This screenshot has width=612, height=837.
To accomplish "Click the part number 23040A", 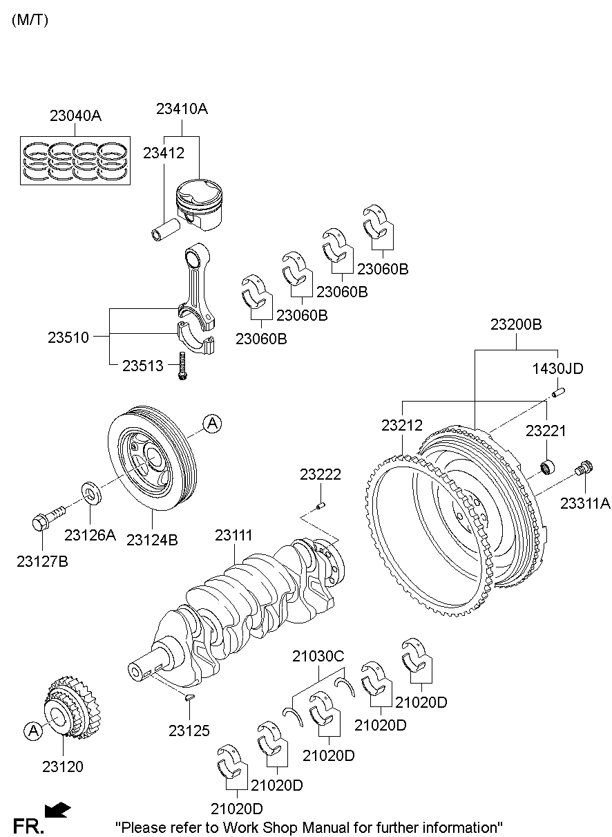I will pyautogui.click(x=75, y=116).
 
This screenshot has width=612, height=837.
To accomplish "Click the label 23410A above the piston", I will pyautogui.click(x=182, y=109).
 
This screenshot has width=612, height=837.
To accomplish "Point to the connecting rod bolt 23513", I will pyautogui.click(x=182, y=366).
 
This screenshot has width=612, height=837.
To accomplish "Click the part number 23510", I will pyautogui.click(x=68, y=338).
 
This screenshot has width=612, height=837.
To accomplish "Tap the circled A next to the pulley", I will pyautogui.click(x=212, y=424).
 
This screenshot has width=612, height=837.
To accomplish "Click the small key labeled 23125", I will pyautogui.click(x=189, y=698).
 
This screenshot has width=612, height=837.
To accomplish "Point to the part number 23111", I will pyautogui.click(x=233, y=535).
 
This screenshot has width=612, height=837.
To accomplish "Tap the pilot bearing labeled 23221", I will pyautogui.click(x=548, y=467).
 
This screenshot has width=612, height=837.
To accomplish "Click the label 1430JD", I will pyautogui.click(x=557, y=369).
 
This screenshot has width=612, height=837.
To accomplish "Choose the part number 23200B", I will pyautogui.click(x=515, y=323).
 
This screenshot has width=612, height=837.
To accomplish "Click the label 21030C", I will pyautogui.click(x=318, y=656).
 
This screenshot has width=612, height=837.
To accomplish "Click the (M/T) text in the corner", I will pyautogui.click(x=30, y=20).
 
